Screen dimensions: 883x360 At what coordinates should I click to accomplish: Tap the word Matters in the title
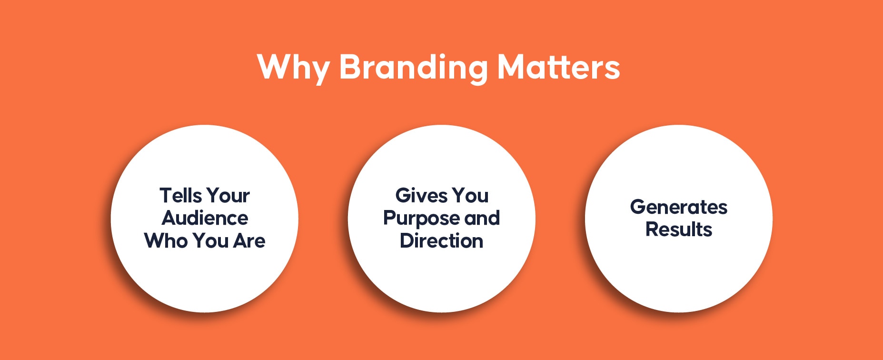(559, 67)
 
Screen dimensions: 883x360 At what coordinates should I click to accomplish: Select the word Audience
(205, 218)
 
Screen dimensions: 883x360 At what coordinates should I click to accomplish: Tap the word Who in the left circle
(166, 241)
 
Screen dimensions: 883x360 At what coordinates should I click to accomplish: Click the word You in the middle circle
(470, 195)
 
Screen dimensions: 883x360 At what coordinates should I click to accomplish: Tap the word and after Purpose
(482, 218)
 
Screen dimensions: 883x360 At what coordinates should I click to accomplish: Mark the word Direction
(442, 241)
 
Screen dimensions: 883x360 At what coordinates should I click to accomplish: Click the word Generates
(679, 207)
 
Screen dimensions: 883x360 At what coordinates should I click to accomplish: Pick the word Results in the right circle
(679, 230)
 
